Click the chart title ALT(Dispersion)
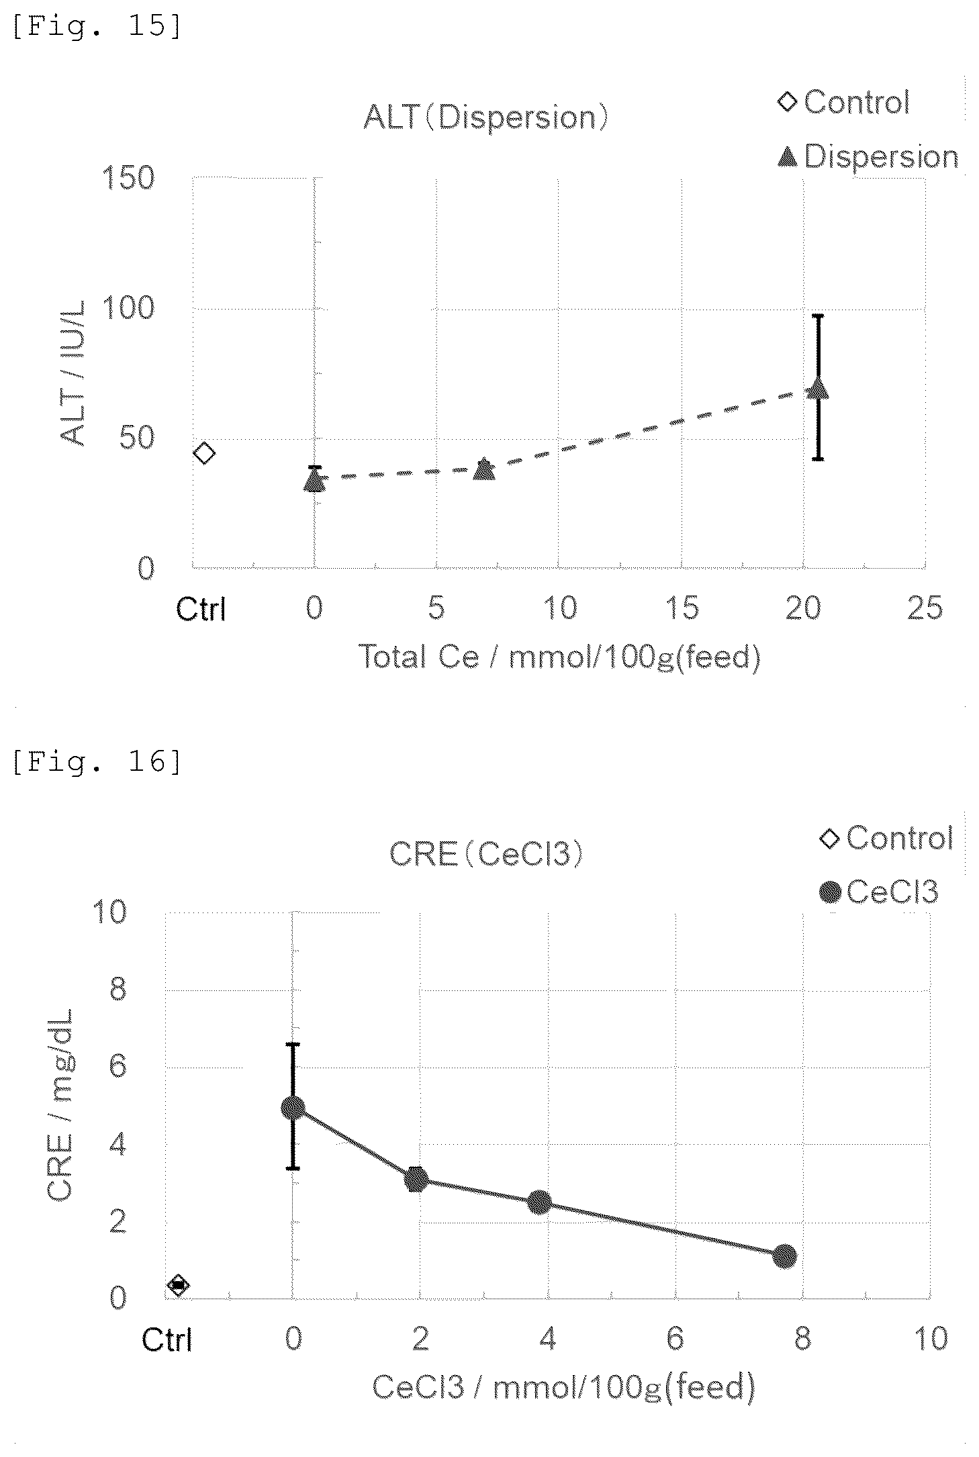point(485,118)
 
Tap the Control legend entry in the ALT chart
point(844,102)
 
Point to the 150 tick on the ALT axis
point(128,178)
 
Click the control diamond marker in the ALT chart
point(204,453)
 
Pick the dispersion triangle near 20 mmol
point(818,389)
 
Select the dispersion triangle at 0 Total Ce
point(314,480)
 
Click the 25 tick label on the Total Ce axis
point(925,608)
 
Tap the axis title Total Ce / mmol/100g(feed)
point(560,657)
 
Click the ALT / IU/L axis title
point(73,373)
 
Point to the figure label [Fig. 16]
point(97,762)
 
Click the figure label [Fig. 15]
point(97,28)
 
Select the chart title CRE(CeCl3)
point(486,854)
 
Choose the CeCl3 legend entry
point(878,892)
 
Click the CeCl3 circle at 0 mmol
point(293,1108)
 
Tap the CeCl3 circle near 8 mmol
point(784,1256)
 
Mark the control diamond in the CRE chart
point(178,1285)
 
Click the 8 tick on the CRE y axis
point(118,989)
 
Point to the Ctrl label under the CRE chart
point(167,1340)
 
